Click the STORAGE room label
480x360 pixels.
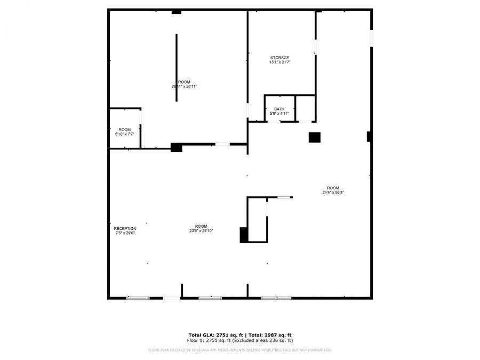[279, 58]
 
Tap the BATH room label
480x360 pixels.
[279, 109]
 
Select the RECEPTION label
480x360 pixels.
[125, 228]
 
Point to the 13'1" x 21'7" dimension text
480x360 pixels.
[279, 62]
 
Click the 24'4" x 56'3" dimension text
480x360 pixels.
[333, 193]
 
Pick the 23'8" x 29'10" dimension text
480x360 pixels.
[201, 230]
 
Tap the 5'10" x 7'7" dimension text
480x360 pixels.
[124, 134]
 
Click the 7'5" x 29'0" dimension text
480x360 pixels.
[125, 233]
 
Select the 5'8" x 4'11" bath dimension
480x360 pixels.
[279, 113]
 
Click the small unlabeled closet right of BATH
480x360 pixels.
[305, 108]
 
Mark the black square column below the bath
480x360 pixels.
[314, 137]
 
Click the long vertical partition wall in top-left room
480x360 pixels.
[177, 68]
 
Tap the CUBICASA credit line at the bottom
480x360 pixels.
[239, 350]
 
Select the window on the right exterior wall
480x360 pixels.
[371, 38]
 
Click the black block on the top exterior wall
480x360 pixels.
[176, 12]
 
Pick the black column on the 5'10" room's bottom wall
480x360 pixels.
[176, 147]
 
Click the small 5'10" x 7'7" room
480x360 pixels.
[124, 128]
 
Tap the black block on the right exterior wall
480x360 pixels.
[369, 137]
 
